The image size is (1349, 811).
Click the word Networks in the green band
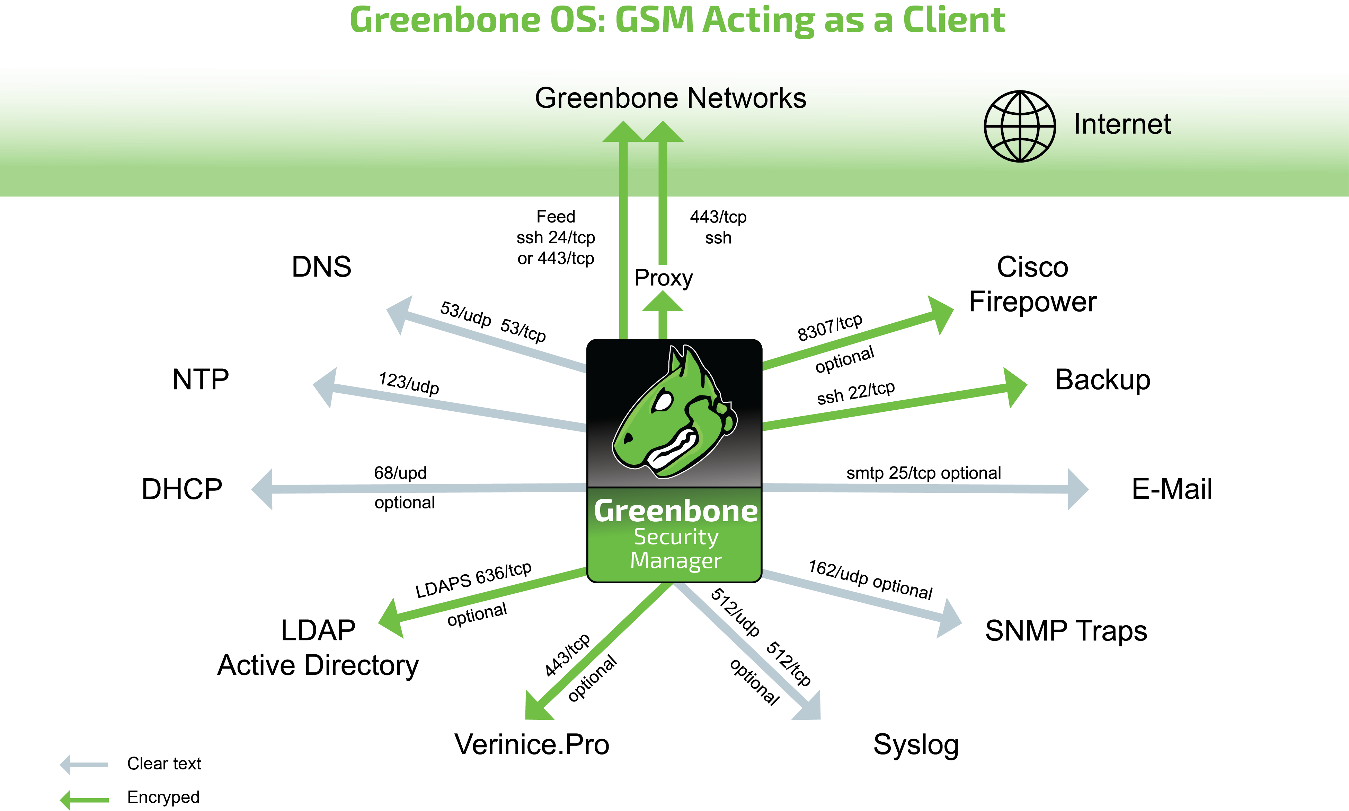click(747, 98)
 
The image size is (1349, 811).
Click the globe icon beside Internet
click(1020, 126)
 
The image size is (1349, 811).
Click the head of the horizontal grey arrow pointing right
click(1077, 489)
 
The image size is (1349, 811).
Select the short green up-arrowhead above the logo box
click(663, 302)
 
